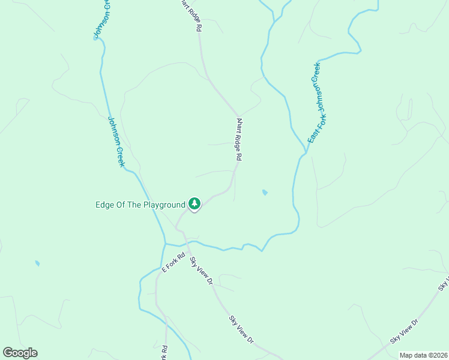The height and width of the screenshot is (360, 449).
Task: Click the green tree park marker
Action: point(194,204)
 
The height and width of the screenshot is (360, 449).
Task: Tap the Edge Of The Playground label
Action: point(140,205)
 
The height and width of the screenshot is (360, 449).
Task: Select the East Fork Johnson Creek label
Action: point(315,103)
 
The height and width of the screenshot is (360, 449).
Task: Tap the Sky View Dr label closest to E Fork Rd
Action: point(202,270)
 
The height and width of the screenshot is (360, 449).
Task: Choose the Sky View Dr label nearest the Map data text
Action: point(403,331)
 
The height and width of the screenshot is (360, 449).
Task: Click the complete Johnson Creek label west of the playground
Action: point(116,142)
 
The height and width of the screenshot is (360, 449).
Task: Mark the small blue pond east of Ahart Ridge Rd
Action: point(265,193)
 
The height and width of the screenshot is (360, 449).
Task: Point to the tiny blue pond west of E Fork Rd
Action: point(37,263)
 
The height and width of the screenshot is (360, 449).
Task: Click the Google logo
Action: point(20,353)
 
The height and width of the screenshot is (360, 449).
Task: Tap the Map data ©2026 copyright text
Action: point(423,355)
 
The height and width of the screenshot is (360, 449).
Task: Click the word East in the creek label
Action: point(311,136)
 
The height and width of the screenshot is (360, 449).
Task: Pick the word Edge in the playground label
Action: point(104,205)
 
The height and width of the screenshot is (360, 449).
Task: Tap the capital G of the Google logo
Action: point(7,353)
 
